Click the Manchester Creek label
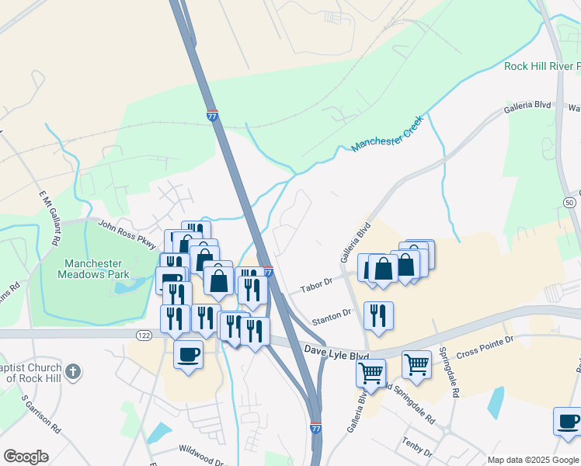(386, 134)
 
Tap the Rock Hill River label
(541, 66)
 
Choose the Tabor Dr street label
(317, 285)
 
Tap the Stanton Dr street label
(332, 316)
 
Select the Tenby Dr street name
(416, 443)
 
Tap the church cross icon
(72, 370)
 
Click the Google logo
(26, 457)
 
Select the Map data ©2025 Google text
(532, 460)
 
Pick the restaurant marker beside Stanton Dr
(378, 315)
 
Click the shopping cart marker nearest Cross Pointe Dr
(417, 363)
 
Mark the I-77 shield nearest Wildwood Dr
(315, 428)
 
